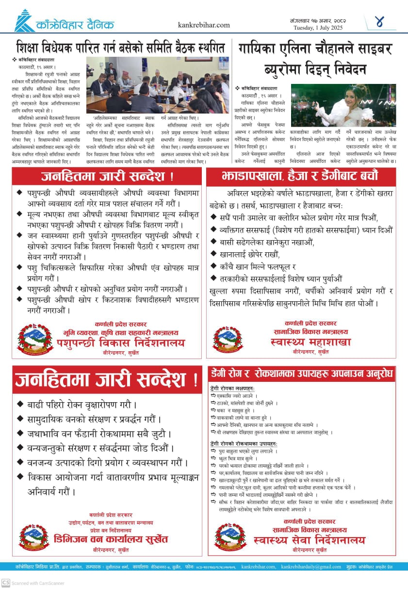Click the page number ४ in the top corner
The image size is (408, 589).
[379, 22]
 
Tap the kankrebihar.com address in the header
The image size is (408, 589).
[204, 25]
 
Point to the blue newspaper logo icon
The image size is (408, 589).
[24, 21]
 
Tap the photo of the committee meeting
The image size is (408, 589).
[158, 85]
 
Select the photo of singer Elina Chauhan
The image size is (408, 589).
[343, 105]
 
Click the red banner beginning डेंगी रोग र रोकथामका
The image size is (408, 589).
[301, 374]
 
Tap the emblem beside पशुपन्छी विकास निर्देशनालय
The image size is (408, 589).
[35, 339]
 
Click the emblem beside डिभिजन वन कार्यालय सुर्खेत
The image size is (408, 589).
[34, 537]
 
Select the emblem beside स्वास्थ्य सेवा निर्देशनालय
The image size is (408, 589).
[229, 537]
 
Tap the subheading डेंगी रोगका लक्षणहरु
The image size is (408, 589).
[232, 389]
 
